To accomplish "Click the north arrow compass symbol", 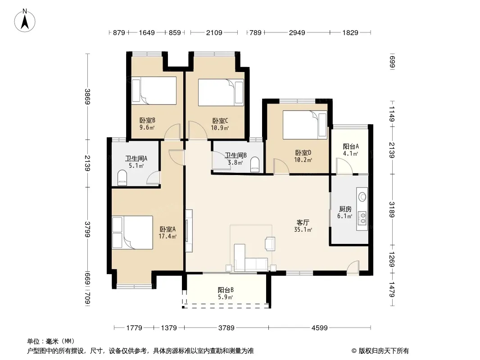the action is (x=25, y=21).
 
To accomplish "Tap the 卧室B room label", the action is (x=147, y=124).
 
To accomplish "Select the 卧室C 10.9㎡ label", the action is (x=220, y=124).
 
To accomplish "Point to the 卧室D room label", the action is (x=303, y=156).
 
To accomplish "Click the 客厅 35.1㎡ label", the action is (x=303, y=226).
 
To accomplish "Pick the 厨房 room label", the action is (x=345, y=212).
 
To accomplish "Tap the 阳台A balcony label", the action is (x=350, y=150).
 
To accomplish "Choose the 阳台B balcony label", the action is (x=226, y=293).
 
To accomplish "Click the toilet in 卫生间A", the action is (x=122, y=178).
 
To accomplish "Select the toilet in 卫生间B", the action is (x=255, y=165).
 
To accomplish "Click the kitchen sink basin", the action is (x=362, y=197).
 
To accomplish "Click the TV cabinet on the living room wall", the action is (x=189, y=230).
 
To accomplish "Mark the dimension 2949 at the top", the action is (x=297, y=32).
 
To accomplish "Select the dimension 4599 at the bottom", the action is (x=319, y=328).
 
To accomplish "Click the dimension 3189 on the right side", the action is (x=392, y=210).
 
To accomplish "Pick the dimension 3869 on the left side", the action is (x=87, y=96).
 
